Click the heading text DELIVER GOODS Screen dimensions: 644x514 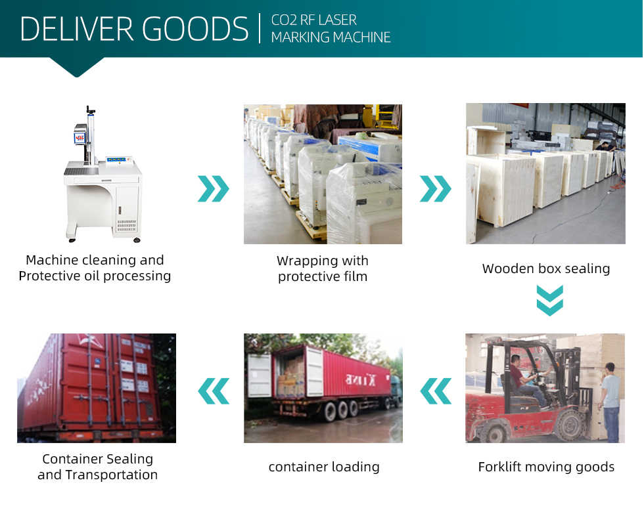(x=135, y=29)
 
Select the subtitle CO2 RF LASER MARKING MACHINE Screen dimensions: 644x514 (x=331, y=29)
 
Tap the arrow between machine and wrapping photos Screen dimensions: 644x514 (x=213, y=188)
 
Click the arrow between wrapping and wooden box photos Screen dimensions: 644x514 (x=435, y=188)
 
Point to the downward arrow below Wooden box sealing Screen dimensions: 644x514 (x=549, y=300)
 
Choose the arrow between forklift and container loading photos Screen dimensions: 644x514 (x=435, y=391)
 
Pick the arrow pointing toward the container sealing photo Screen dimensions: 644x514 (x=213, y=391)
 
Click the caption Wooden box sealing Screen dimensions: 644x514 (x=545, y=268)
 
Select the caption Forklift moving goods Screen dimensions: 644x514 (x=545, y=467)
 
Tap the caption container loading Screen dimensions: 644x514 (x=323, y=467)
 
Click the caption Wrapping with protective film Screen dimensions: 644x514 (x=322, y=268)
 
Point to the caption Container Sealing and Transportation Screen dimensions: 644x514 (x=97, y=467)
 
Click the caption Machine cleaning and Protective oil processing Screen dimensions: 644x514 (x=95, y=268)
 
